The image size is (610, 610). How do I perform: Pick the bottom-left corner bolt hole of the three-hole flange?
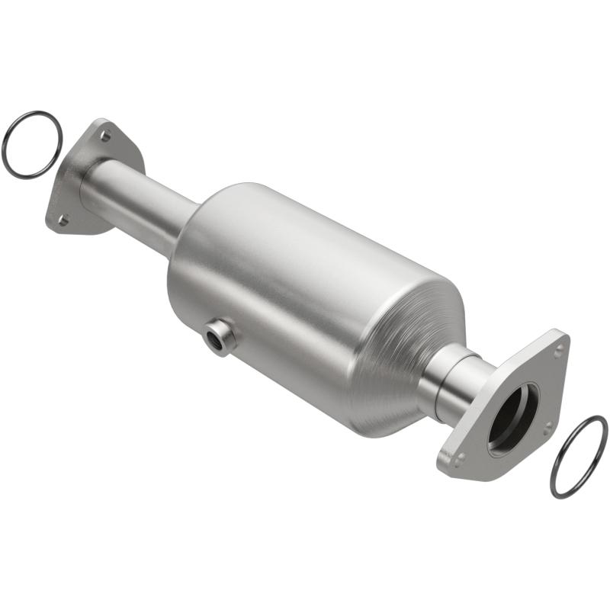[459, 459]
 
